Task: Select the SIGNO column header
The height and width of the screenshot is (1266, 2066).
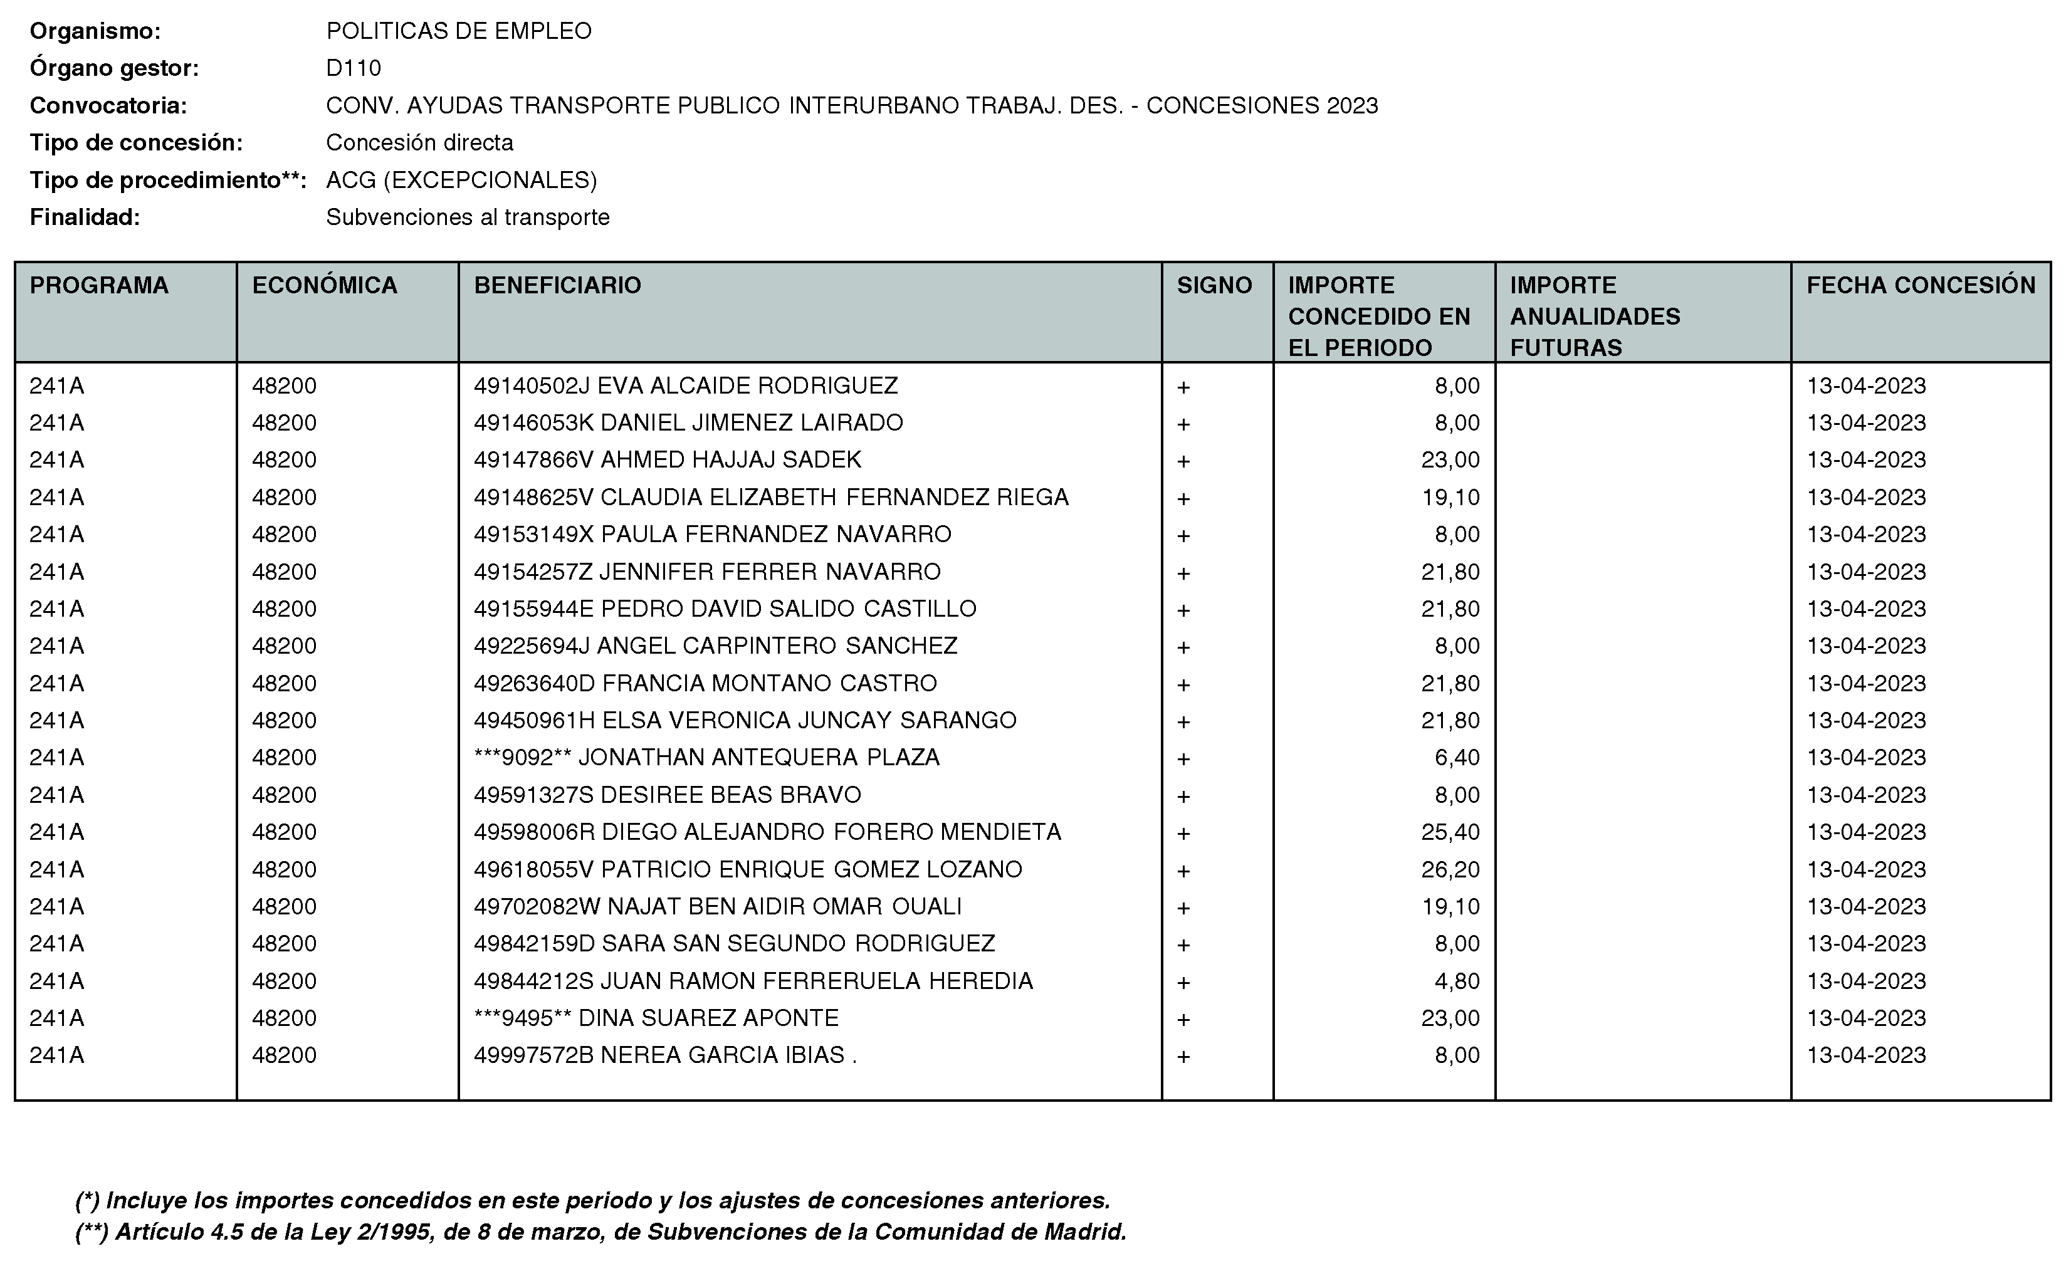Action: (1214, 285)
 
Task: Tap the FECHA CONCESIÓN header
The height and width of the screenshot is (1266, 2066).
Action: (1920, 285)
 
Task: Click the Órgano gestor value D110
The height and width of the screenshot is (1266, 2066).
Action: (353, 68)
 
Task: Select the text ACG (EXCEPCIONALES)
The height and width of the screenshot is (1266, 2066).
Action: (461, 180)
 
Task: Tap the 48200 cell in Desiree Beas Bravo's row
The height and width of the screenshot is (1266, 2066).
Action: (284, 795)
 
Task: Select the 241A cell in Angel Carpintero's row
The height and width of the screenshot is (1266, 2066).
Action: (57, 646)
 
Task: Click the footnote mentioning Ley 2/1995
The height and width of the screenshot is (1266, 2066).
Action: (600, 1232)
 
